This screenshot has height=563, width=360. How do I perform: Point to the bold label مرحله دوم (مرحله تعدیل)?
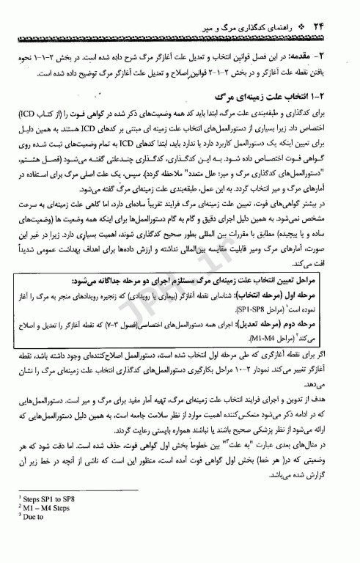point(302,317)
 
